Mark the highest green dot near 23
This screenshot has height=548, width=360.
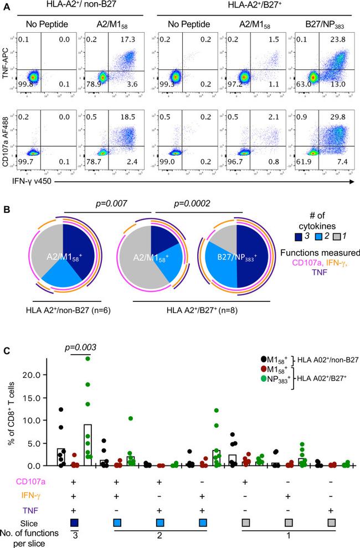pyautogui.click(x=88, y=358)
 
